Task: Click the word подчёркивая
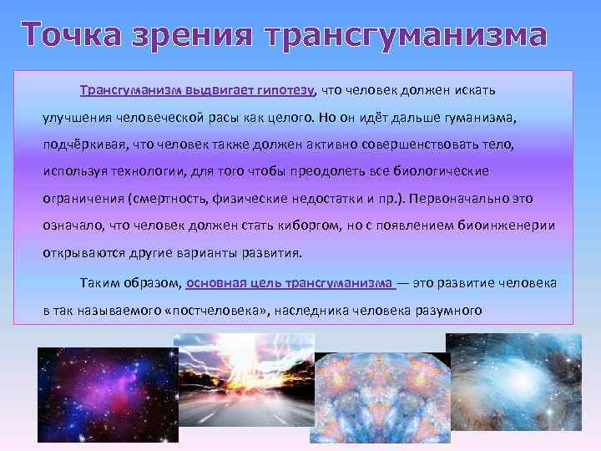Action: (84, 144)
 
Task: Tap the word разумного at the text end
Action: (442, 311)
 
